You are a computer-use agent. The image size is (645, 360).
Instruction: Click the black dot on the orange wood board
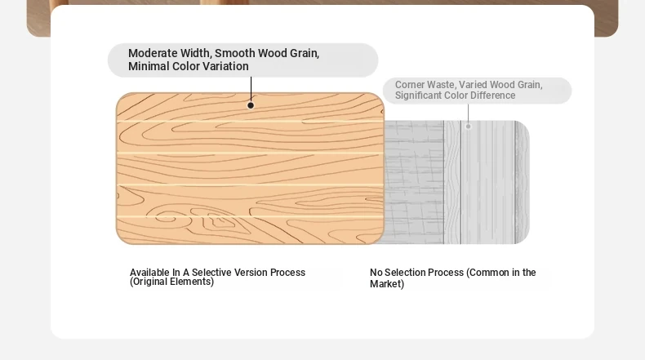pos(251,105)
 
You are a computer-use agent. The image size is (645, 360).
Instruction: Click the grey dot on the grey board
pos(468,127)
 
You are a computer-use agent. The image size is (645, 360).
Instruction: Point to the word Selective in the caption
pos(209,273)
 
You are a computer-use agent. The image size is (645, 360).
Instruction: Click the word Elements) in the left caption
pos(192,282)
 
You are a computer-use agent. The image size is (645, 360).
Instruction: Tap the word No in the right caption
pos(376,273)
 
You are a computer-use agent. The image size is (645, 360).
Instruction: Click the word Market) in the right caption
pos(387,284)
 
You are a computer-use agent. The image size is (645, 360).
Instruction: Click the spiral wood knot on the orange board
pos(167,218)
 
